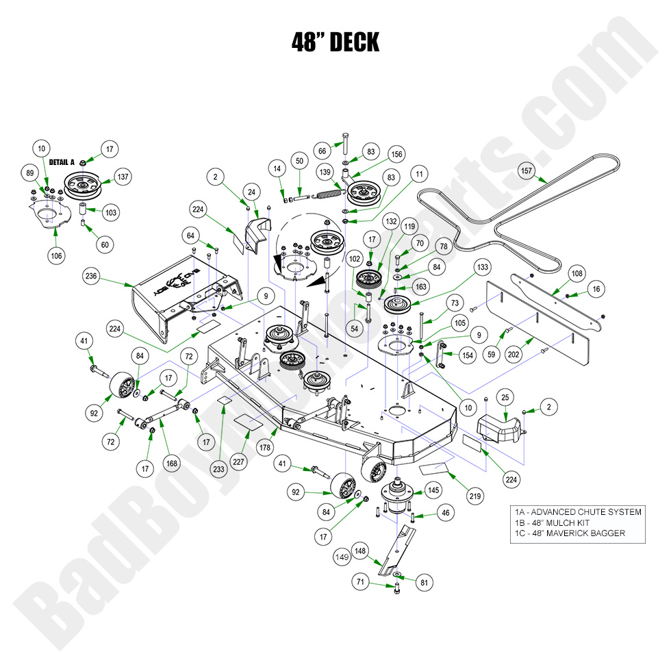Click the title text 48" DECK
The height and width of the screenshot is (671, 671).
coord(335,42)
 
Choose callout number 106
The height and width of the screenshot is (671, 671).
coord(56,255)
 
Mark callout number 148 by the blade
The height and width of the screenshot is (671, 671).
coord(360,548)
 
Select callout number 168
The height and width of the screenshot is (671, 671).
coord(171,463)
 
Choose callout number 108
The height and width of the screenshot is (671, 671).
coord(577,273)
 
